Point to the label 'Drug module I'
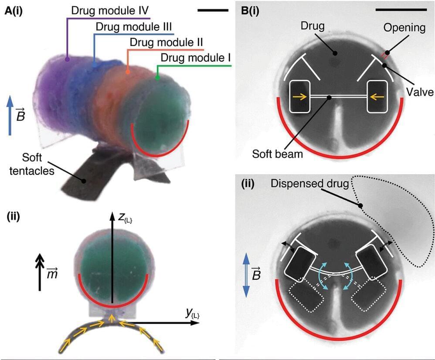tap(196, 58)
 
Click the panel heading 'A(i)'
tap(14, 12)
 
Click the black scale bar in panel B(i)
tap(401, 9)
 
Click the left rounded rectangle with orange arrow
tap(301, 97)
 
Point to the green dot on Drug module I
tap(158, 78)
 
